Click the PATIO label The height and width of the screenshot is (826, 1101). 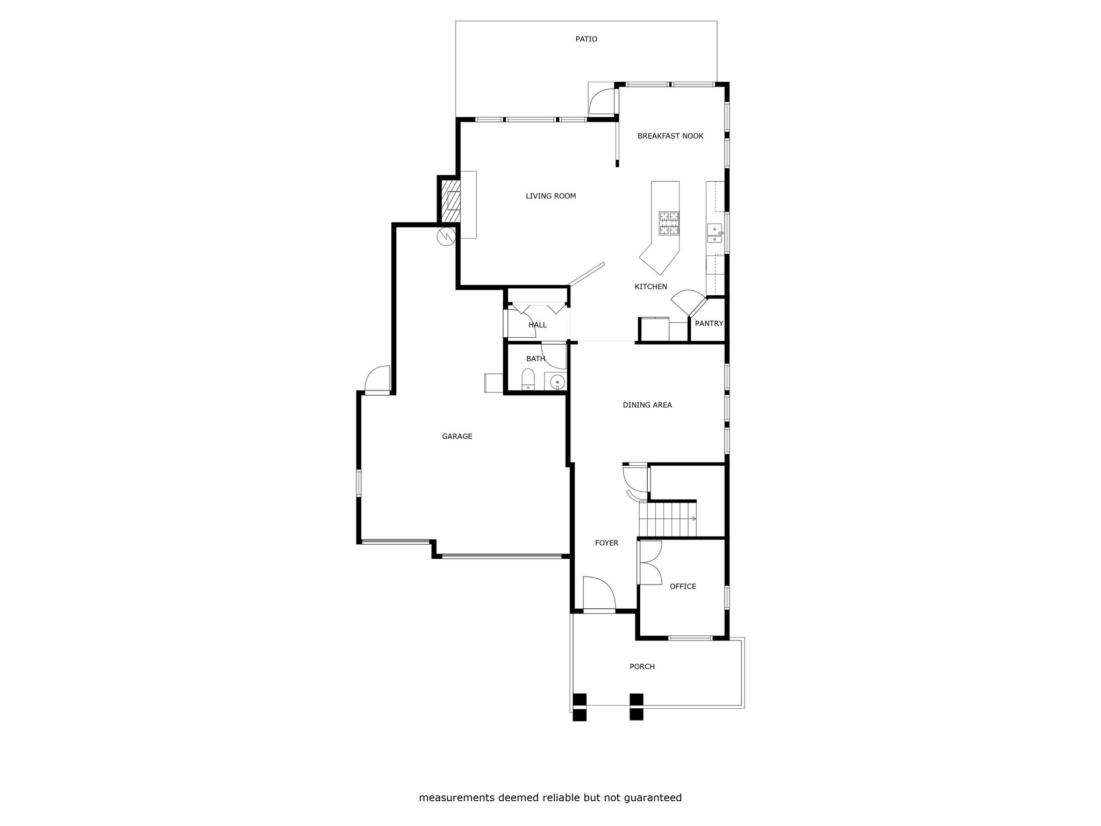[586, 39]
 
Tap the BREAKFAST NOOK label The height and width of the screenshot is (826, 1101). [670, 136]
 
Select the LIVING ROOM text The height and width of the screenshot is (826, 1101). [550, 196]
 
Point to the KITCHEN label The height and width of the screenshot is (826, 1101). [650, 287]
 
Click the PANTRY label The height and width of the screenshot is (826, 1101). [709, 324]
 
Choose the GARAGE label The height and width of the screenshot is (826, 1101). [457, 437]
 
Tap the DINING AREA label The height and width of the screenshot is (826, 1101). [647, 405]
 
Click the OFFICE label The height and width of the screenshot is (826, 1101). [683, 587]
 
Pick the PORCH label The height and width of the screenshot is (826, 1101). [642, 667]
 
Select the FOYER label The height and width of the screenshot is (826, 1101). [606, 543]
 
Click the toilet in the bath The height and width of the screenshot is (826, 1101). [528, 380]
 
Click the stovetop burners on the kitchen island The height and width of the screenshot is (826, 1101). [669, 224]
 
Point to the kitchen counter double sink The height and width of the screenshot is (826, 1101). [715, 233]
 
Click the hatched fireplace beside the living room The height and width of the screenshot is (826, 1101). [449, 201]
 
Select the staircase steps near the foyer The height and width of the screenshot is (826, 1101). [668, 519]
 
